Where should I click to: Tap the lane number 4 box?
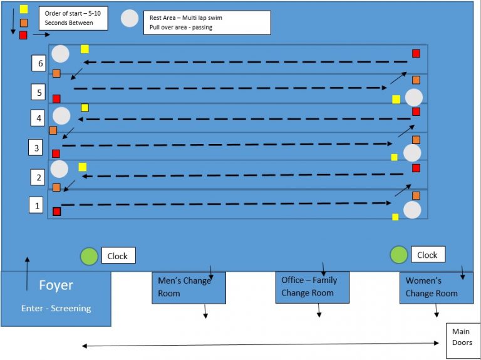(39, 118)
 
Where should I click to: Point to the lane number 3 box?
(36, 148)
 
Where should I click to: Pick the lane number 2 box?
(39, 177)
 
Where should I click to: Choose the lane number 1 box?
(38, 205)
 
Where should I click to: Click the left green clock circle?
(90, 255)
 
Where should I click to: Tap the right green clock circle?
(399, 254)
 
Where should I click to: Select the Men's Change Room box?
(189, 287)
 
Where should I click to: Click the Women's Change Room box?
(436, 287)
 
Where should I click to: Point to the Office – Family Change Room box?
(312, 287)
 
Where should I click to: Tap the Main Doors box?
(463, 341)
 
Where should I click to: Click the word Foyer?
(56, 285)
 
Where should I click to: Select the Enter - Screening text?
(56, 308)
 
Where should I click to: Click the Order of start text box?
(73, 18)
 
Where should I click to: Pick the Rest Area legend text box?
(207, 23)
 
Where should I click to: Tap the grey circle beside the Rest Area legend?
(130, 19)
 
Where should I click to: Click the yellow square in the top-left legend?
(24, 9)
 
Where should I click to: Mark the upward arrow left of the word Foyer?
(27, 274)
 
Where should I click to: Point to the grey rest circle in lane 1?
(412, 210)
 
